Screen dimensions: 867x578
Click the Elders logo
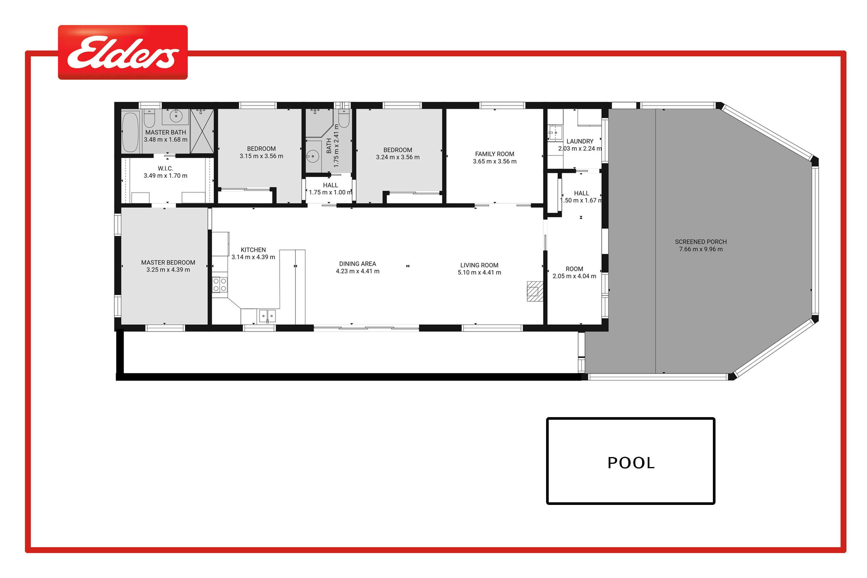(123, 52)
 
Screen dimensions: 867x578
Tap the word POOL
(631, 463)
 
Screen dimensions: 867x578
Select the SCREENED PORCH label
(701, 242)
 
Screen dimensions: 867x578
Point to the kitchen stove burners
(220, 284)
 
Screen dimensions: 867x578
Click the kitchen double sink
(267, 316)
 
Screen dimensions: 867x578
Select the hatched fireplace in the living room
(535, 291)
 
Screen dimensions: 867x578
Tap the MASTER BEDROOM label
(168, 262)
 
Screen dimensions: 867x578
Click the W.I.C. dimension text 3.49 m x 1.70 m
(166, 176)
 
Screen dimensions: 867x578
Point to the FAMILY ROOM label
(495, 154)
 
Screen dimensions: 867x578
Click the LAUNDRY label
(580, 141)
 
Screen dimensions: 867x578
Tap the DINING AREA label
(358, 264)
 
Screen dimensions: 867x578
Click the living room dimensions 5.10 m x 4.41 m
(479, 272)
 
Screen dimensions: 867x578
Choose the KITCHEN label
(253, 250)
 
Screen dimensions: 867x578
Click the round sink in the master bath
(176, 117)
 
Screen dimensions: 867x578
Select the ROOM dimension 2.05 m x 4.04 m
(574, 276)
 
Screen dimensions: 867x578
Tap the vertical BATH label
(329, 146)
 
